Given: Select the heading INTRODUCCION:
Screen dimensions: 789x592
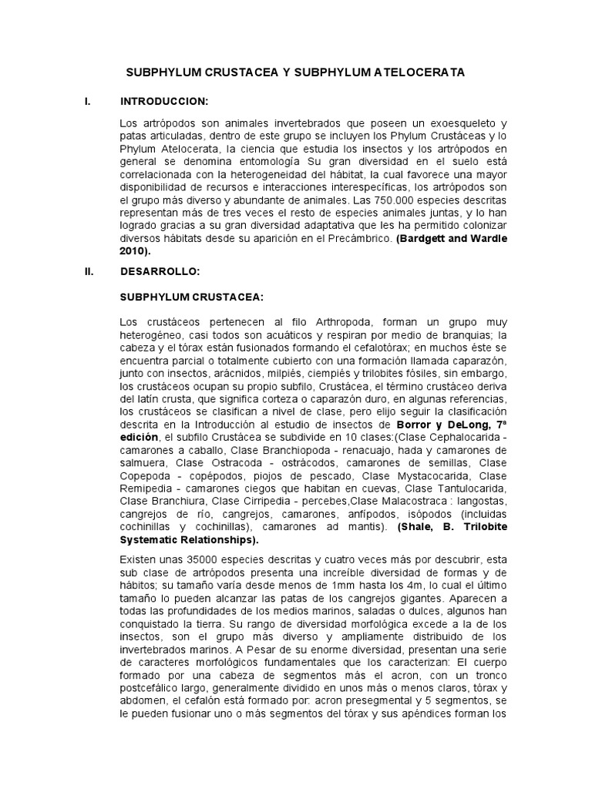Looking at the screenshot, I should pos(164,101).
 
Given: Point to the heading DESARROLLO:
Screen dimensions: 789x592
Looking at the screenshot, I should pos(160,271).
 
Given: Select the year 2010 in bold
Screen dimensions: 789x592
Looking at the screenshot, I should pos(133,250).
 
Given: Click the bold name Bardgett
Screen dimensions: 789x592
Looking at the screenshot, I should pos(426,238).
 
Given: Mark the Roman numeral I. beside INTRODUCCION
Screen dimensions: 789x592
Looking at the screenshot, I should pos(88,101).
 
